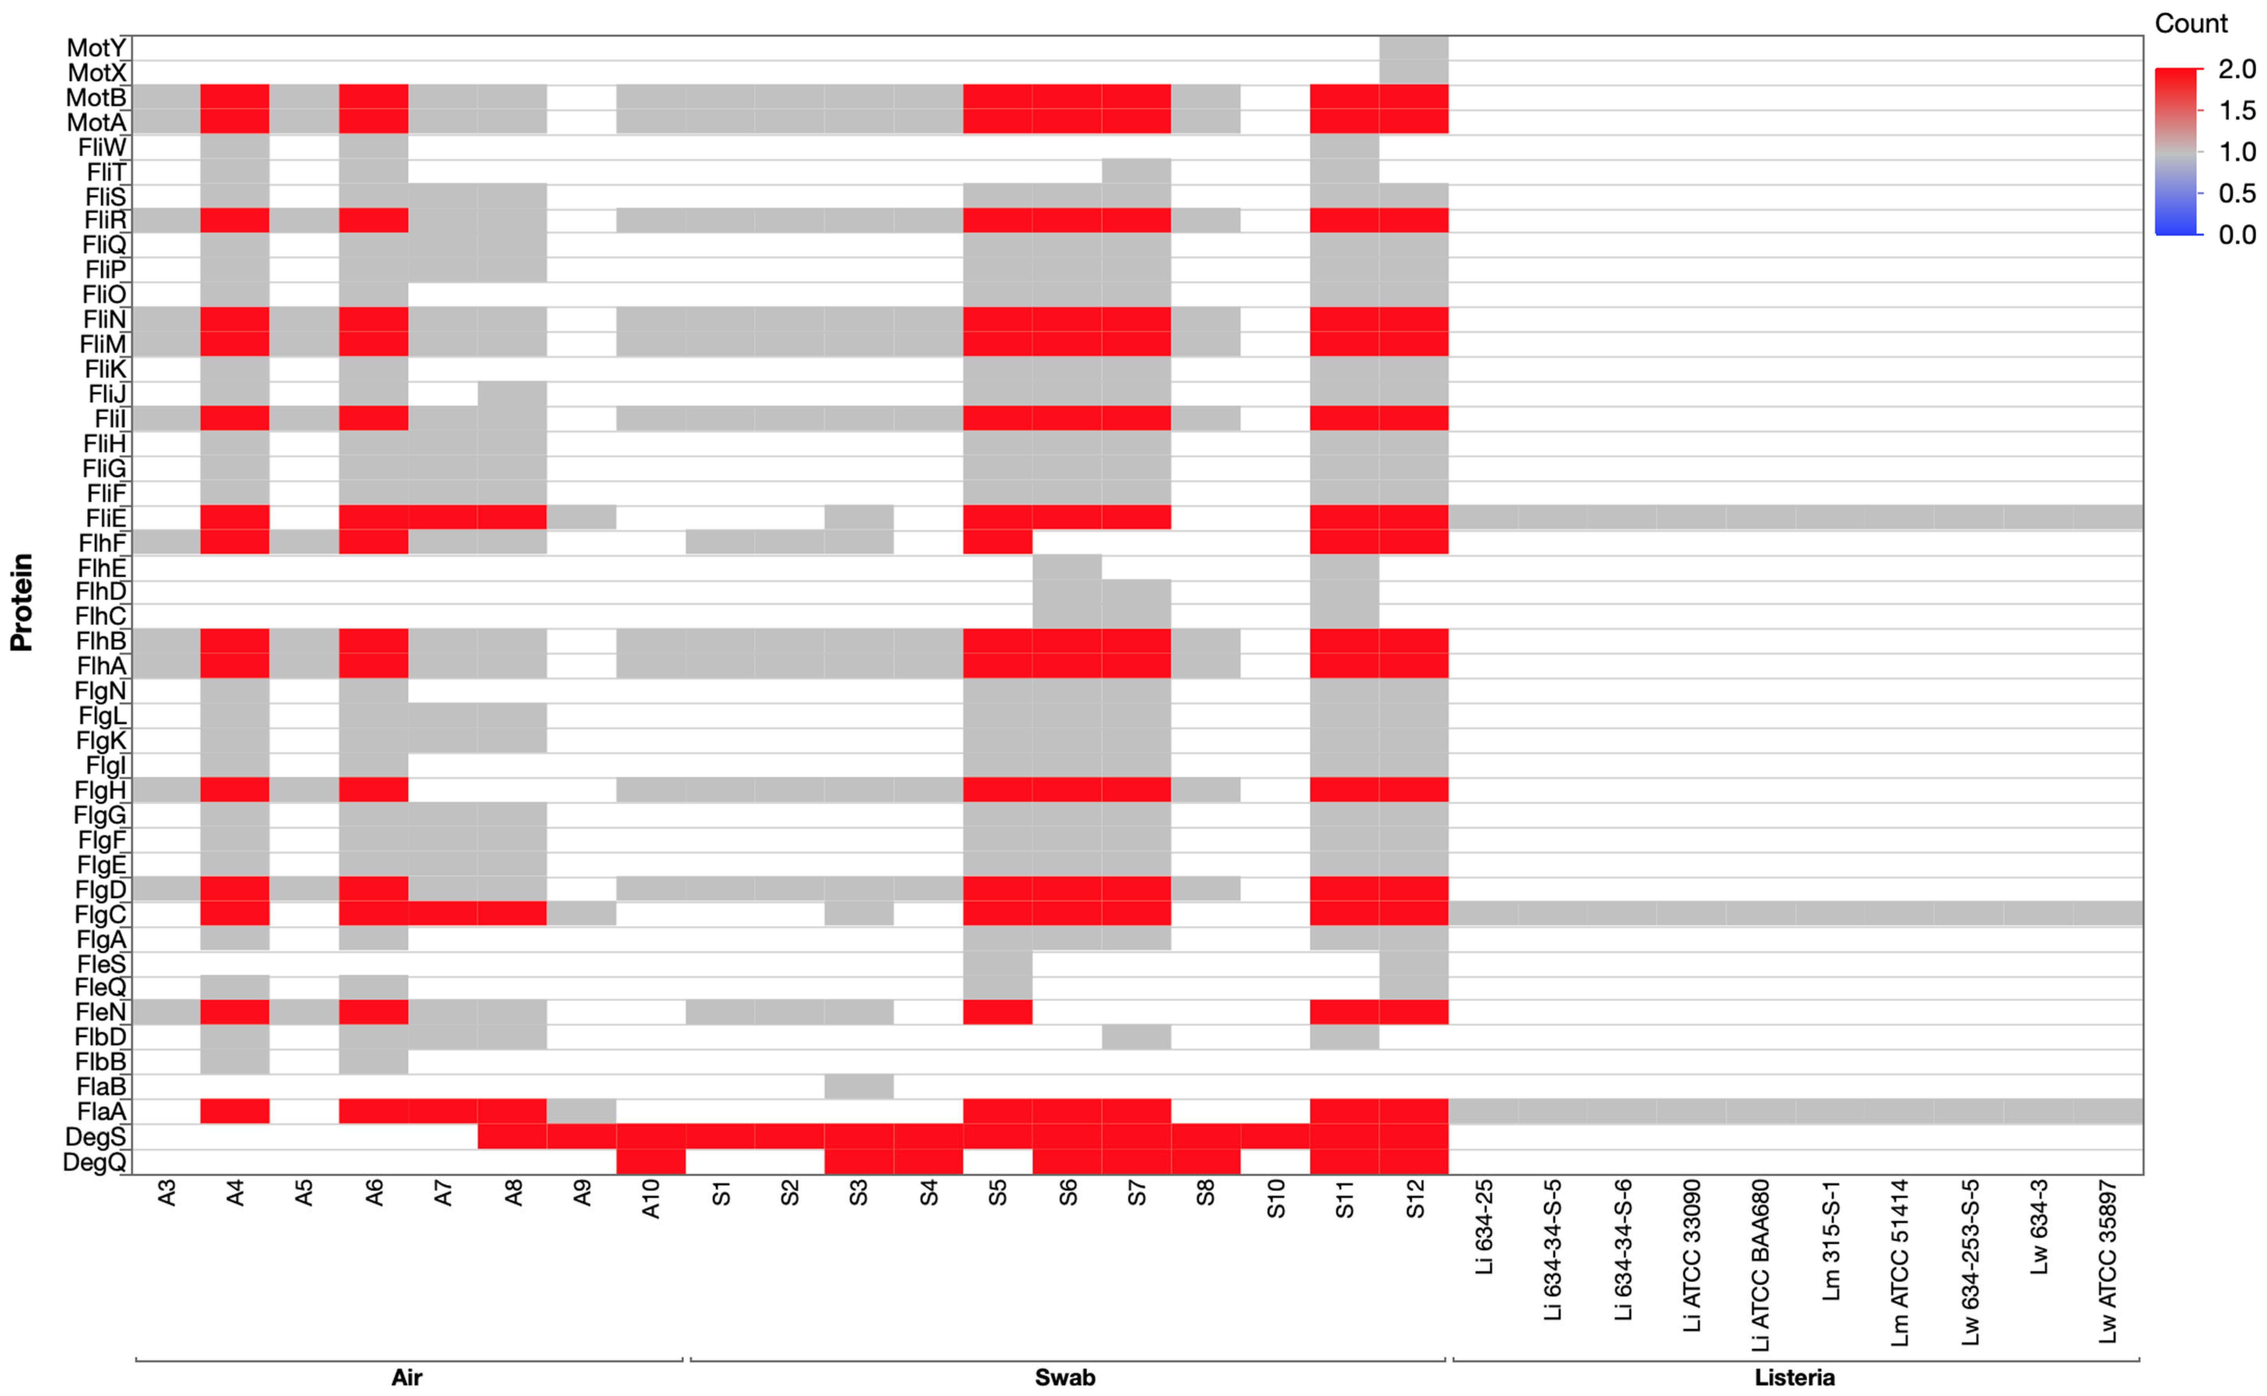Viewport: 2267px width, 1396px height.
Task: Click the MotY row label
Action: (96, 48)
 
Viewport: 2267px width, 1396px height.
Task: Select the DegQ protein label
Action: (94, 1163)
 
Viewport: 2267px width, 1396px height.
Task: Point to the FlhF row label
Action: (102, 543)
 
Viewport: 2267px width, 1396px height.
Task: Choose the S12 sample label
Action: (1415, 1199)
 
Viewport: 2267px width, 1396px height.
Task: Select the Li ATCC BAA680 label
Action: (1761, 1265)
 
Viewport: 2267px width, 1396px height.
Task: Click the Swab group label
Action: (1065, 1378)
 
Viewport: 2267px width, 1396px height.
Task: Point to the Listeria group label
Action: (1794, 1378)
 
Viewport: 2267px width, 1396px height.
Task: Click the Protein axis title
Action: (22, 602)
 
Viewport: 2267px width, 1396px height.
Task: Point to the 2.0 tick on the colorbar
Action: (2236, 69)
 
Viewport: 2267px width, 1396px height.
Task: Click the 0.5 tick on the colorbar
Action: (2236, 193)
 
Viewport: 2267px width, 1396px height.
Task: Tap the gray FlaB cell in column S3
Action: (859, 1087)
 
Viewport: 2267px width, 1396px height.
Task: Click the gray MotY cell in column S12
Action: (1414, 48)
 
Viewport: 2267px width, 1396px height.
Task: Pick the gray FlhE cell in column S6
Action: (1066, 567)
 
